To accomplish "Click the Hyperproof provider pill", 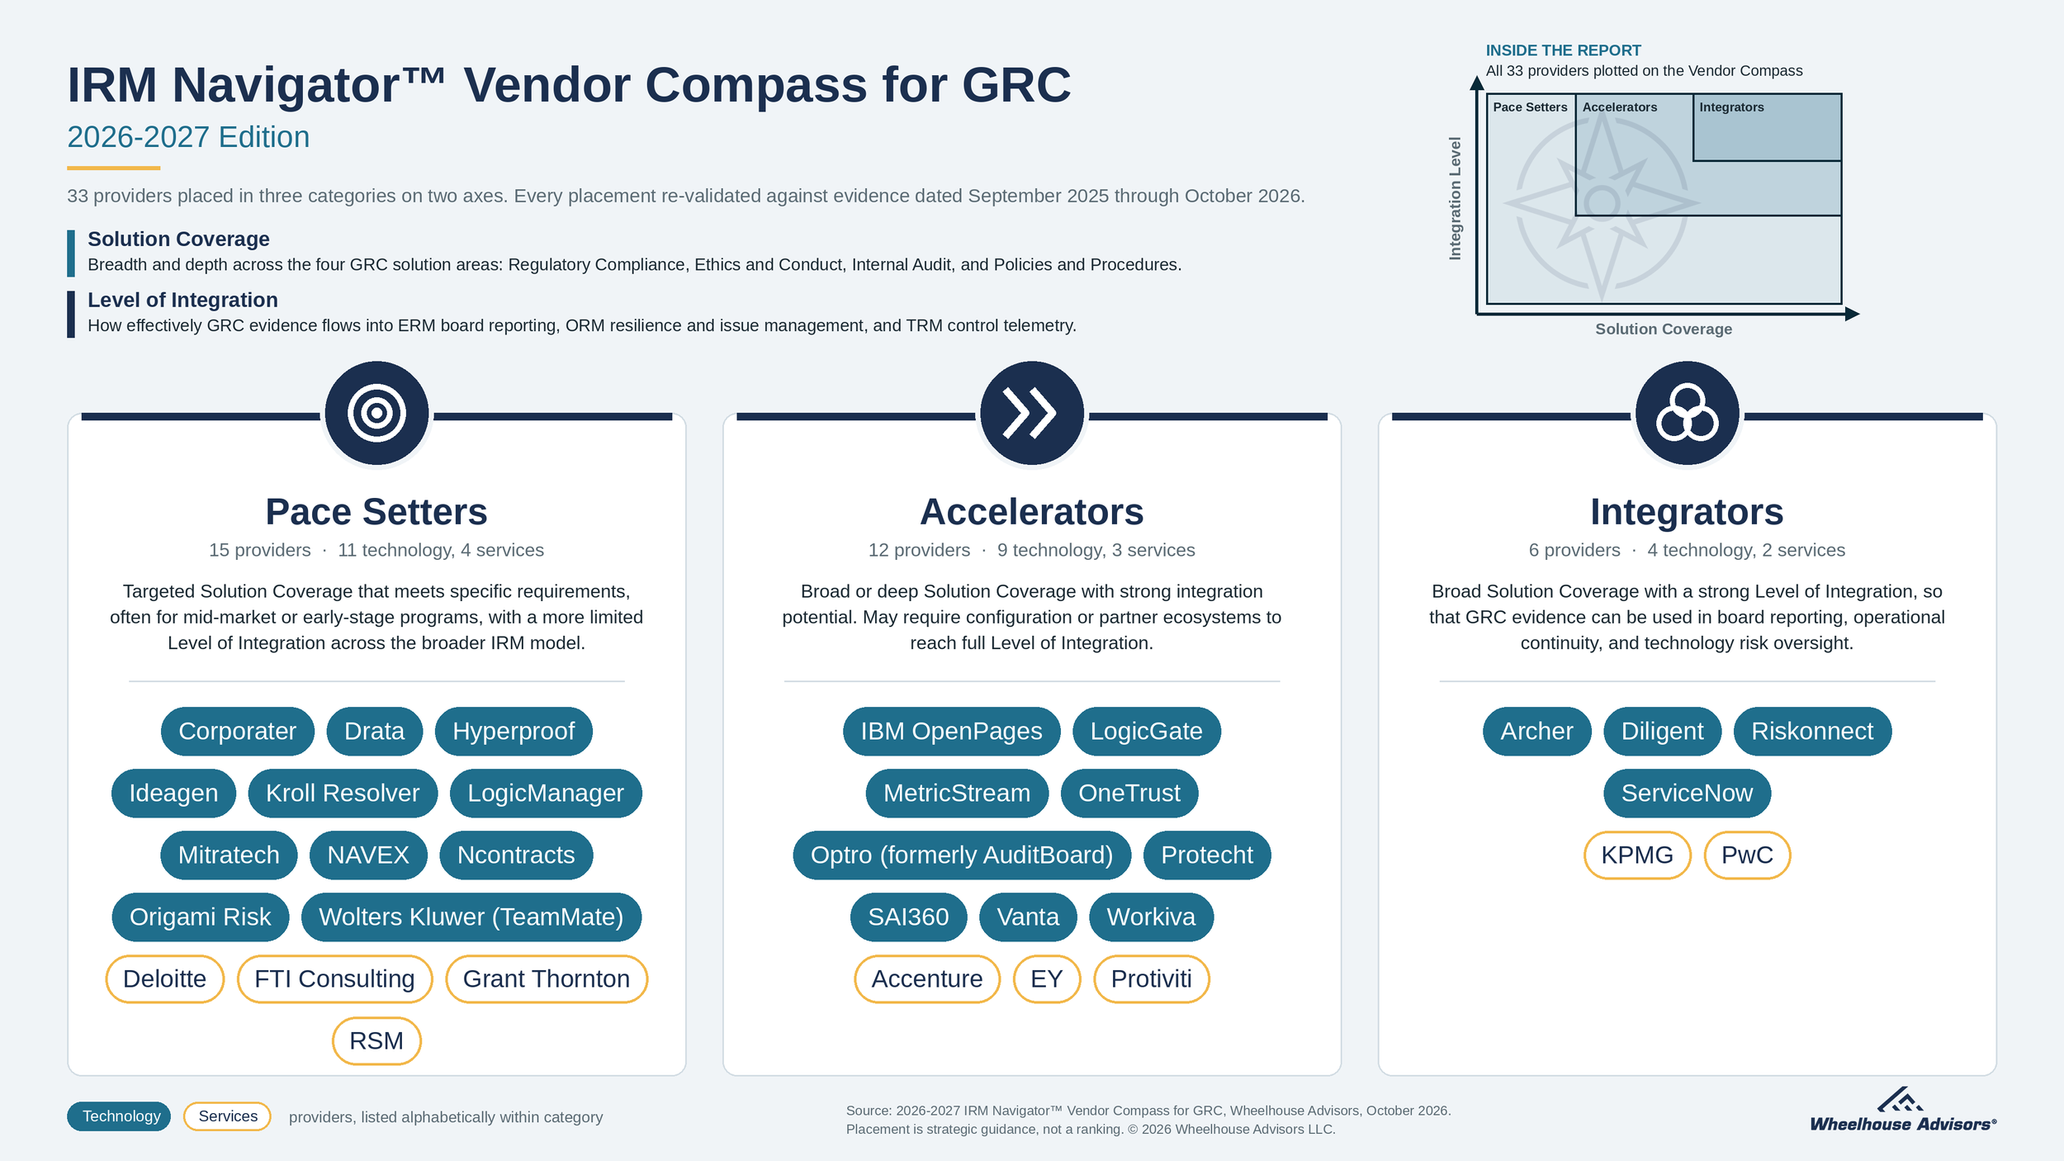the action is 514,731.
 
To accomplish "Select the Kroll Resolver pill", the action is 343,793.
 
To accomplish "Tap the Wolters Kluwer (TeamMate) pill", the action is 471,917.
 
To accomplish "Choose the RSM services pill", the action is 376,1040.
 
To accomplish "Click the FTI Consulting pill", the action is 334,979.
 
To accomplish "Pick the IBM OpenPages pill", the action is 951,731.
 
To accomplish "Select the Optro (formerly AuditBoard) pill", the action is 962,855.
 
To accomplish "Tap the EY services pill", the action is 1047,979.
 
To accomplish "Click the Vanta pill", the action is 1028,917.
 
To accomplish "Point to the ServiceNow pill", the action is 1687,793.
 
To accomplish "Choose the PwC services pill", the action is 1747,855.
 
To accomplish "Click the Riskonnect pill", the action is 1812,731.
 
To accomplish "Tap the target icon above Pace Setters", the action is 376,413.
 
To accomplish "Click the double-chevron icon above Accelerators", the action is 1031,413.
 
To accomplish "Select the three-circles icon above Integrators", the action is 1687,413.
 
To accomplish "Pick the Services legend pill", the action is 227,1116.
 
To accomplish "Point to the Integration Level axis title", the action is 1455,198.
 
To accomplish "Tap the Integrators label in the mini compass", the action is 1731,107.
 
